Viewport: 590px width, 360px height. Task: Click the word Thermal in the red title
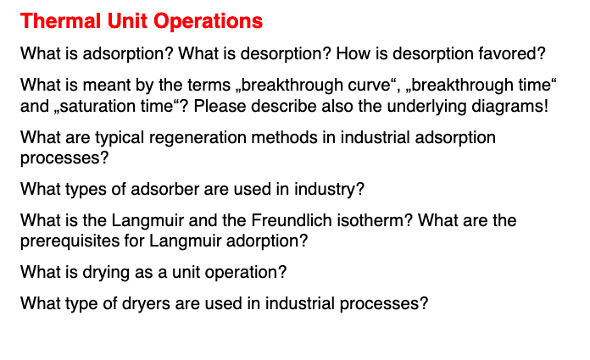click(53, 20)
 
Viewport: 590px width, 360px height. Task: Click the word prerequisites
click(64, 241)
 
